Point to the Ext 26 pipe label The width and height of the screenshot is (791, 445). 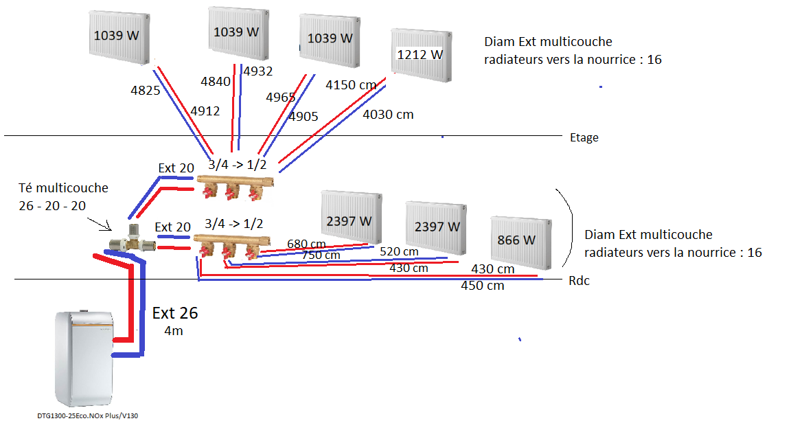click(175, 313)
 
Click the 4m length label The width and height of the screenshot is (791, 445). click(173, 330)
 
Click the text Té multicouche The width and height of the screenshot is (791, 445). click(63, 187)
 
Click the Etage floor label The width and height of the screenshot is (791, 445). click(584, 137)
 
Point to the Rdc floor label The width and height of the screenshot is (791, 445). click(579, 281)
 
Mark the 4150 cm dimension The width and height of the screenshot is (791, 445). click(351, 85)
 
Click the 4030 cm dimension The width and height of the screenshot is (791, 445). click(388, 115)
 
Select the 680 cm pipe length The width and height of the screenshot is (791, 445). click(306, 244)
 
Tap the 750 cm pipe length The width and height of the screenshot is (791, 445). click(321, 255)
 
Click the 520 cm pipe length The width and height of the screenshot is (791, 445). click(399, 252)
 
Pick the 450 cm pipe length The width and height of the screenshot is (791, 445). click(482, 285)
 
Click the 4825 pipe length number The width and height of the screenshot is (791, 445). click(145, 89)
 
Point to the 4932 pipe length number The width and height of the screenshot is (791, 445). click(257, 71)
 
